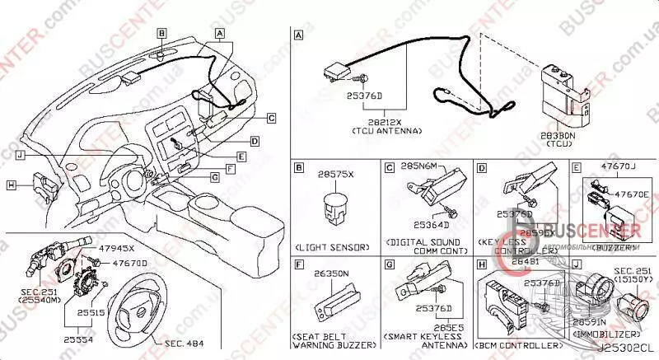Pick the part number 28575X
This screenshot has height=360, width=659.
point(336,175)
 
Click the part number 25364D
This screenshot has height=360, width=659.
point(430,223)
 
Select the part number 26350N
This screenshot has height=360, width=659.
point(333,273)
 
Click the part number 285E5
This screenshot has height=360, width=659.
point(428,326)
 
